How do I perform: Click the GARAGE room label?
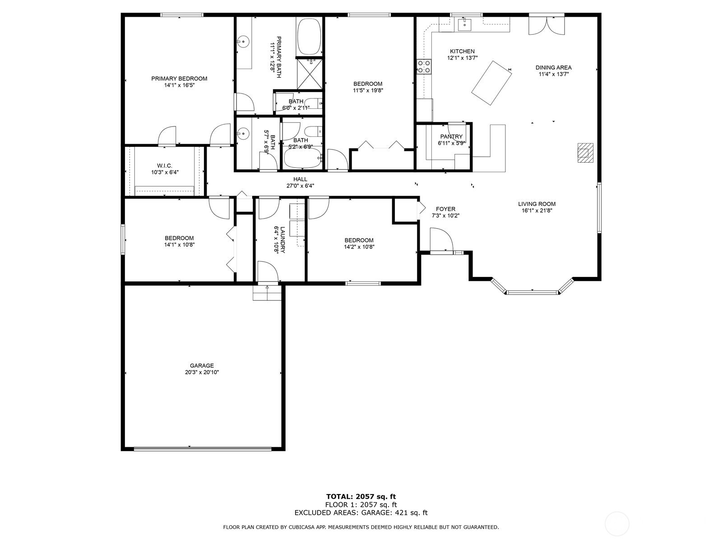202,365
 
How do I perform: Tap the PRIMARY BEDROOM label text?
179,79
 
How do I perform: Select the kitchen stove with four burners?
424,66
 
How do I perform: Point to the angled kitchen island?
491,83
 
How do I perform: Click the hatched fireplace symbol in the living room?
585,153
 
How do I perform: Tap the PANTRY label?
451,136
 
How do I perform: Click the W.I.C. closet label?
164,165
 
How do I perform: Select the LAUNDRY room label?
282,239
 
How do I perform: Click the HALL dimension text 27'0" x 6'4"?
300,186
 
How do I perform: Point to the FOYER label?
445,209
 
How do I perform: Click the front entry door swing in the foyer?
441,239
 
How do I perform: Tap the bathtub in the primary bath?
309,37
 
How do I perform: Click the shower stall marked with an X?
310,74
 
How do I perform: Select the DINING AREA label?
553,68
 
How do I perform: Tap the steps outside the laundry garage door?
267,293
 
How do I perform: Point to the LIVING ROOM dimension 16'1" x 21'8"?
537,210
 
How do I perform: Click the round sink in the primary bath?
244,42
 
